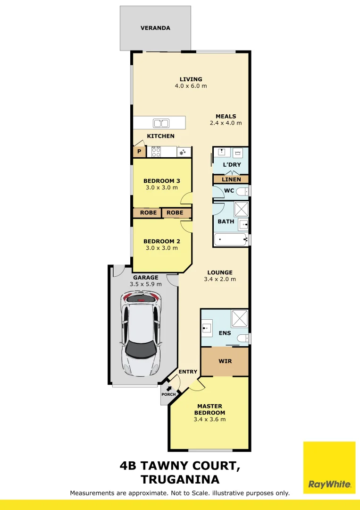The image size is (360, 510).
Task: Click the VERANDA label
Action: pos(155,28)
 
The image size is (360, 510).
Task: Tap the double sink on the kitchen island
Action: pos(161,123)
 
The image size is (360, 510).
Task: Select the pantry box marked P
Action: pos(139,152)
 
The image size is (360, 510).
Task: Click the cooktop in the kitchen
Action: pos(156,152)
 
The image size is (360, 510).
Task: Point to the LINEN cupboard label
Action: pos(231,179)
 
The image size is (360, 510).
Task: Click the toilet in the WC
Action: pos(243,191)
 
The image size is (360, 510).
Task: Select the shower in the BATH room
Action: pos(242,209)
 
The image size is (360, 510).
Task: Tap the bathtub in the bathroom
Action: pos(230,240)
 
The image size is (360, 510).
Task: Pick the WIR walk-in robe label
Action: pos(225,361)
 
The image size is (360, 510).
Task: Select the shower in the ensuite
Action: pos(240,318)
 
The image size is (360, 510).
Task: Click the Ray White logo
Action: pos(329,467)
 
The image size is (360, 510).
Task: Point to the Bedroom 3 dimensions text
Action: pos(162,187)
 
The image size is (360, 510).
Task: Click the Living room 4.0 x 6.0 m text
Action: pos(191,86)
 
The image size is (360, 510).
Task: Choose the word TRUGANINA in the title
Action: pos(180,479)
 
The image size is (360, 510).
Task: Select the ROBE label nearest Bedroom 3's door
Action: pos(175,212)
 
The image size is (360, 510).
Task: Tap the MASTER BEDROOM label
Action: pos(209,409)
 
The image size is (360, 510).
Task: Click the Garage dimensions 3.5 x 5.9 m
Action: pos(146,284)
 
